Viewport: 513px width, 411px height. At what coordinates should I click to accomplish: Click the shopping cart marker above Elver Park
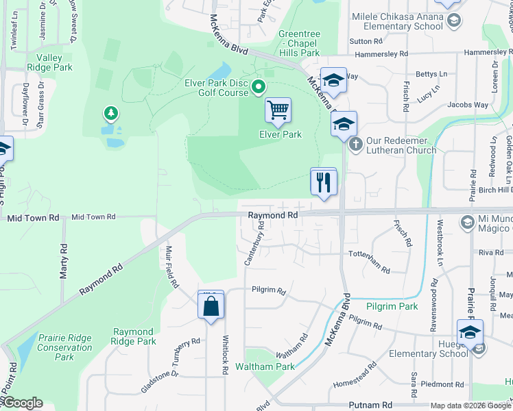(278, 110)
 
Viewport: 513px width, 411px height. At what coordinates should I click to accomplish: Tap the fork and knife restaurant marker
(324, 182)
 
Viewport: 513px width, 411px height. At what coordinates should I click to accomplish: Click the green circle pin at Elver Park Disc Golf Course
(259, 86)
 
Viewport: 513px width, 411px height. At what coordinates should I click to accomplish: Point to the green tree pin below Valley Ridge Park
(108, 112)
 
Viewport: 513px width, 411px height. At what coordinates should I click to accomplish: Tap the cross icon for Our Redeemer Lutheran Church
(355, 144)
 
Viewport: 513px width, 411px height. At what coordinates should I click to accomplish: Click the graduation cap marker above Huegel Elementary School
(470, 333)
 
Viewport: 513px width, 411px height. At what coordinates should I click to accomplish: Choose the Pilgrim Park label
(392, 306)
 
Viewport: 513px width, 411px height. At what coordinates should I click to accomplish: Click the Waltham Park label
(265, 366)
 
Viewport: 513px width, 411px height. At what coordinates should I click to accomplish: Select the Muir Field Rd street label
(172, 266)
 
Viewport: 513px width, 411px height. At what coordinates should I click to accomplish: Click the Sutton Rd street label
(360, 41)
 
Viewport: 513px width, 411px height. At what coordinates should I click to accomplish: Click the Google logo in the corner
(22, 403)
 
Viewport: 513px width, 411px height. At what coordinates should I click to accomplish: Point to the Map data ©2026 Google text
(470, 406)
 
